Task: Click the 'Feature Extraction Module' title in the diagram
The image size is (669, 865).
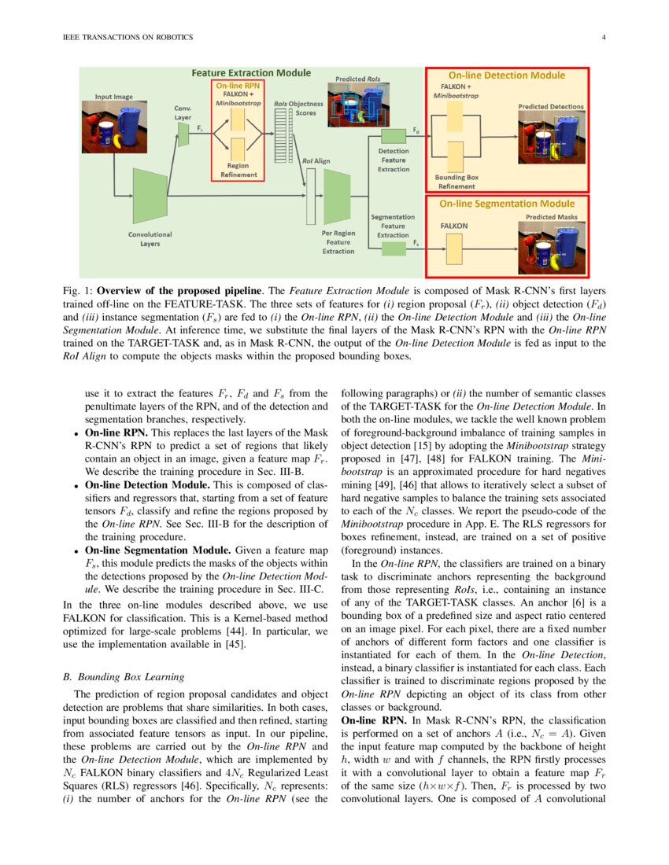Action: coord(252,73)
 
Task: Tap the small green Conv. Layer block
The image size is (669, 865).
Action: coord(183,134)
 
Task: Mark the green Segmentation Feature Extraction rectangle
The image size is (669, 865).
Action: coord(393,248)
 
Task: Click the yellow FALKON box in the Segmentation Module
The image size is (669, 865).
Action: coord(454,250)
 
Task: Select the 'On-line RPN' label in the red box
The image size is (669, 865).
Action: coord(238,84)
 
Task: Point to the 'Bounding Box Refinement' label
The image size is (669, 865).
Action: coord(456,182)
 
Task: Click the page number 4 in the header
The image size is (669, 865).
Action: coord(603,38)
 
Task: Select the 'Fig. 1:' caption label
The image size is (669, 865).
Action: coord(77,290)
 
